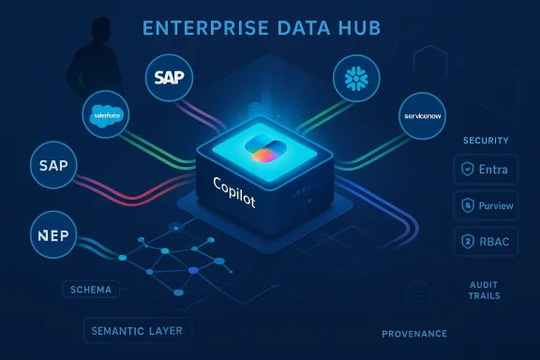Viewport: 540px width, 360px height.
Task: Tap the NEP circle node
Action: point(54,234)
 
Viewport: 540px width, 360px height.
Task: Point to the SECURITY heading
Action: point(486,141)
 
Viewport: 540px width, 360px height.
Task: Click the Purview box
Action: point(486,203)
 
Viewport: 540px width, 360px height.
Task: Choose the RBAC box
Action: point(486,239)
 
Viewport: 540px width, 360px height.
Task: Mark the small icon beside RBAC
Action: point(468,239)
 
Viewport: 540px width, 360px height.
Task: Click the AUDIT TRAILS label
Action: point(486,289)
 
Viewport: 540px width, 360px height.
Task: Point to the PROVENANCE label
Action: point(414,334)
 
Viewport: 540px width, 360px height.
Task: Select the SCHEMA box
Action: point(91,290)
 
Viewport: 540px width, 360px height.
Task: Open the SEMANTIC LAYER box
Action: point(138,330)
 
